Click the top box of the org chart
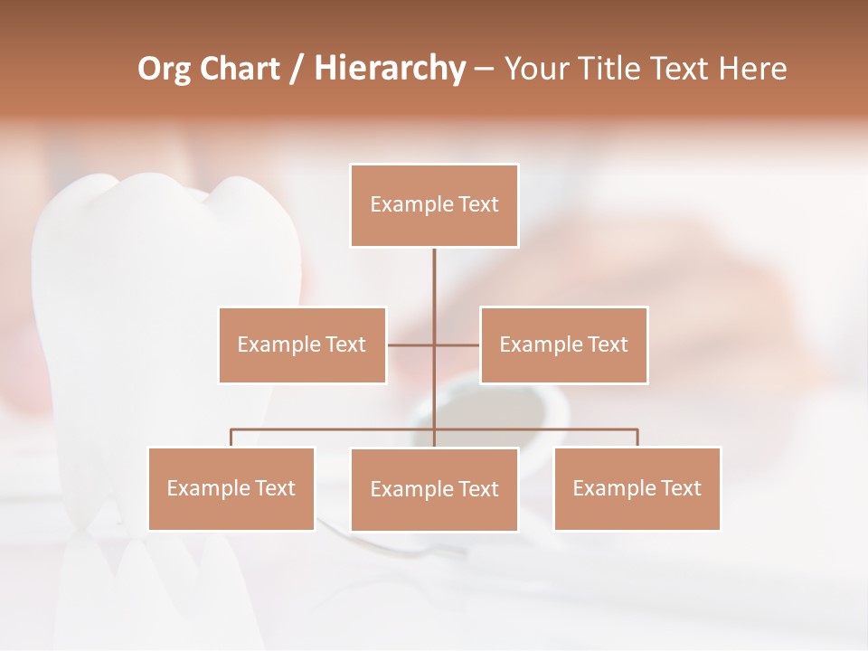[x=434, y=205]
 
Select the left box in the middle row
[x=302, y=344]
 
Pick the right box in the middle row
[x=563, y=344]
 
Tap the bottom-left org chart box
[x=231, y=488]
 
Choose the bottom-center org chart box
[x=434, y=489]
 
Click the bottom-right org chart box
[x=637, y=488]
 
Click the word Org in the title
[x=164, y=69]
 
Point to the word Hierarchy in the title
[x=389, y=69]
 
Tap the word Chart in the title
[x=241, y=69]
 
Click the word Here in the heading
[x=753, y=69]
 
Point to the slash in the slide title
[x=297, y=70]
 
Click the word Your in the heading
[x=536, y=69]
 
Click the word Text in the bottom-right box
[x=680, y=488]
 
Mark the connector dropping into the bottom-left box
[x=231, y=438]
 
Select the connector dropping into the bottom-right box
[x=637, y=438]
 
